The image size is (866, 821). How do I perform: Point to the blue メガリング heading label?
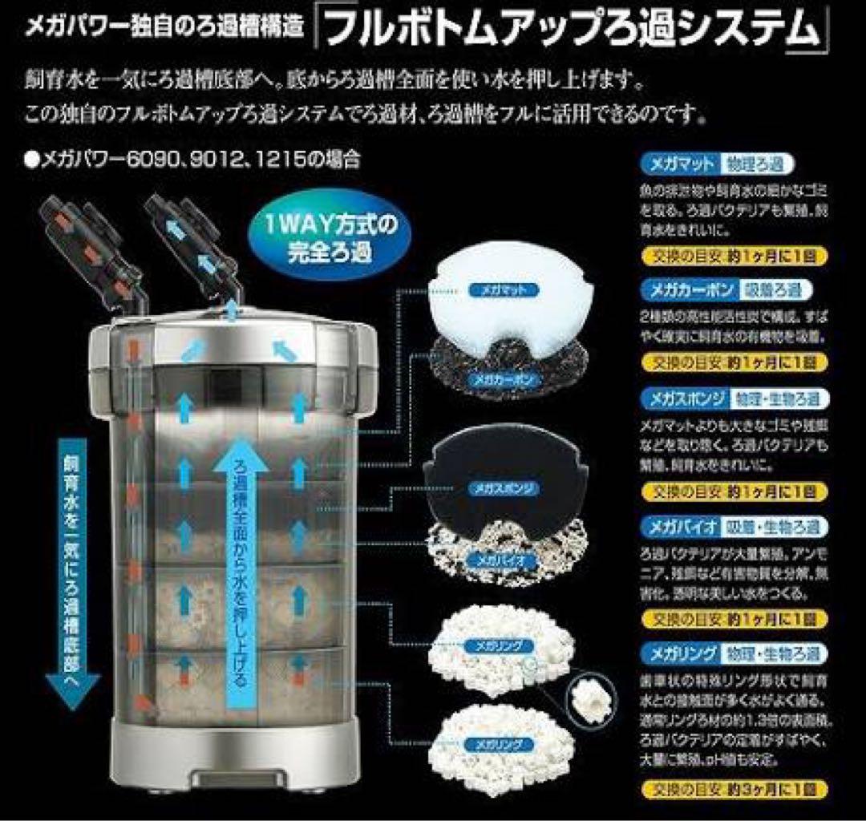678,653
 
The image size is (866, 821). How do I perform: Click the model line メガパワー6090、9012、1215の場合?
192,160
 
